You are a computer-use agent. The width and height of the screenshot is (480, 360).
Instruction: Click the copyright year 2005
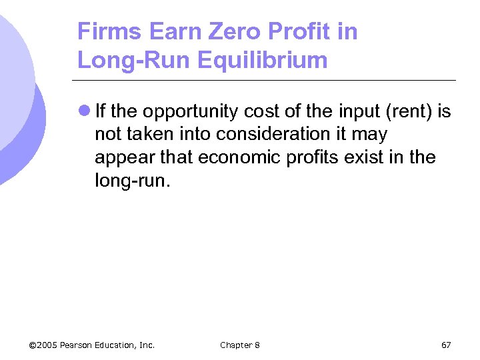[x=47, y=345]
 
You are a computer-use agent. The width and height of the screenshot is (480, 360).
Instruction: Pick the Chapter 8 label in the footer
[x=240, y=345]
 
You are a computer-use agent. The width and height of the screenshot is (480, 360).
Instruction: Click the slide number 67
[x=446, y=345]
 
